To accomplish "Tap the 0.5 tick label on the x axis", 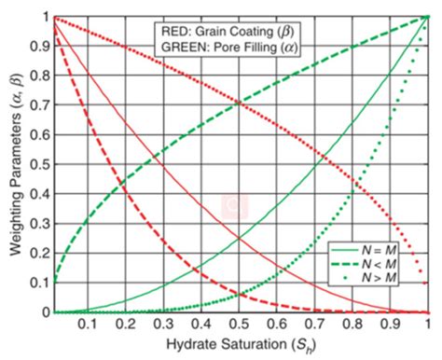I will tap(240, 324).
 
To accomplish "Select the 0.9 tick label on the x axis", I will tap(389, 324).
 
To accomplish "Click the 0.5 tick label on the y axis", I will tap(37, 165).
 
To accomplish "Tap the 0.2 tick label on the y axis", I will tap(37, 254).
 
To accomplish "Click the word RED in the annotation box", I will tap(173, 30).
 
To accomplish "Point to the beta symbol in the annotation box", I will tap(292, 30).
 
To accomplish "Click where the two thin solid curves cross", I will tap(241, 239).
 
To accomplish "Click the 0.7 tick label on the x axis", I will tap(314, 324).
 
